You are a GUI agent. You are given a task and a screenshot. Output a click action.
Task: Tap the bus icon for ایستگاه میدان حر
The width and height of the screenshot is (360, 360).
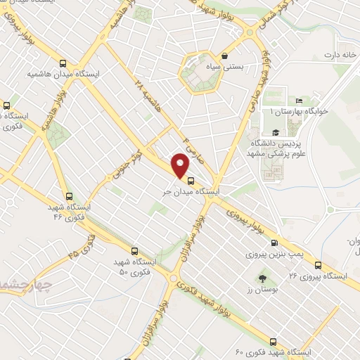tap(191, 181)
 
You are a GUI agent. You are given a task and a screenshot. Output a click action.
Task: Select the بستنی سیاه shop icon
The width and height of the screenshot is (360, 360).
tap(224, 56)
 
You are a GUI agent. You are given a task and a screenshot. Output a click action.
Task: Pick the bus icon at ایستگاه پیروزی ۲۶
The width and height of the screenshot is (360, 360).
tap(318, 266)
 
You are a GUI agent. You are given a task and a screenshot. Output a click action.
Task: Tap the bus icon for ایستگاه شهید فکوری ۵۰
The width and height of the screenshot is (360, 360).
tap(134, 250)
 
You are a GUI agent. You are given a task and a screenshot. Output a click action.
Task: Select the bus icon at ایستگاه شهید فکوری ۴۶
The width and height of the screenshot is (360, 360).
tap(68, 196)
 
